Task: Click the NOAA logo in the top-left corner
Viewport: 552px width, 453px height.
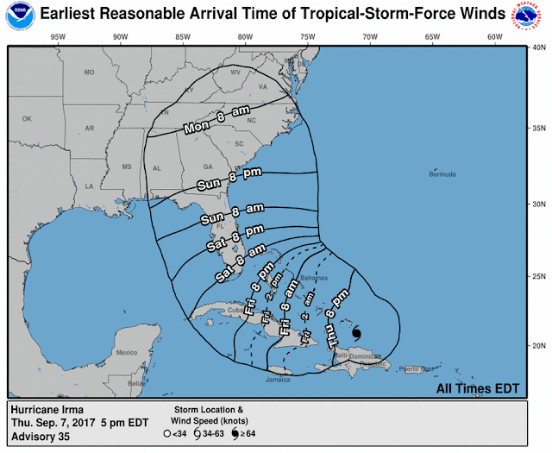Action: [x=16, y=15]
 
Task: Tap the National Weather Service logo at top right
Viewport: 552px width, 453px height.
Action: [x=535, y=15]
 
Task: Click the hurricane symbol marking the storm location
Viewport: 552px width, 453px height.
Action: [x=357, y=334]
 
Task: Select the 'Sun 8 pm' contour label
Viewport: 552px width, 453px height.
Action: [x=218, y=181]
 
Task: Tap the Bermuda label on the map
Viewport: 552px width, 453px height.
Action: [x=442, y=175]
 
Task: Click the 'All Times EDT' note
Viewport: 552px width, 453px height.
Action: [x=478, y=388]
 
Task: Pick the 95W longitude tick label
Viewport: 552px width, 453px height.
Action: [x=58, y=37]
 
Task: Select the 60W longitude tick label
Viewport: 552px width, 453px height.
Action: [x=494, y=37]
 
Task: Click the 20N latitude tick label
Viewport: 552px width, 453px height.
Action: [x=536, y=346]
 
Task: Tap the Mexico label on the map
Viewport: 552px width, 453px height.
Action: [x=127, y=352]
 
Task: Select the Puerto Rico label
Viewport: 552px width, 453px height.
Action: [x=423, y=369]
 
